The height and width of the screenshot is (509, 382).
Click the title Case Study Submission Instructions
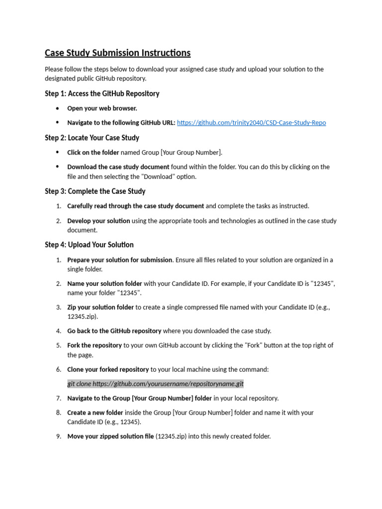coord(117,53)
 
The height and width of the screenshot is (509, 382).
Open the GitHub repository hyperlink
coord(251,123)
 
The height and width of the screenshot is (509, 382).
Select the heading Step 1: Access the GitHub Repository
coord(102,93)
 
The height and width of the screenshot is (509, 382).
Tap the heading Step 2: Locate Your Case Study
coord(92,138)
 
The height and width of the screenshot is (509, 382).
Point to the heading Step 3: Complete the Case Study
coord(95,191)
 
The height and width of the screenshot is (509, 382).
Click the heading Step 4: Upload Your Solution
coord(89,245)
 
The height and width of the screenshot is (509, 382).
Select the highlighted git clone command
coord(156,384)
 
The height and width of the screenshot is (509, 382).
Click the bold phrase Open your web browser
coord(102,108)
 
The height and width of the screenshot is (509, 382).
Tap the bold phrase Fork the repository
coord(95,345)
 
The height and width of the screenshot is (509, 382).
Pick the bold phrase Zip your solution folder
coord(100,307)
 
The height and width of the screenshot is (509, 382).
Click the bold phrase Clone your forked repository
coord(108,369)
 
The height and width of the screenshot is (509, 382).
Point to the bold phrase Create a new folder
coord(95,413)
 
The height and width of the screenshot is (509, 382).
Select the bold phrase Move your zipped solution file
coord(110,436)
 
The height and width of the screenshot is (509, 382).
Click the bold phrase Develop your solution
coord(98,221)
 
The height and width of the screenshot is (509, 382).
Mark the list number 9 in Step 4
coord(58,436)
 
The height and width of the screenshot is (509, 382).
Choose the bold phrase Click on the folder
coord(93,153)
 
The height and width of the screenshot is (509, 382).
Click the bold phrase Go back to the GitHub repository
coord(114,331)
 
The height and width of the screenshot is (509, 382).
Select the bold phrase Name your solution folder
coord(104,283)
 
